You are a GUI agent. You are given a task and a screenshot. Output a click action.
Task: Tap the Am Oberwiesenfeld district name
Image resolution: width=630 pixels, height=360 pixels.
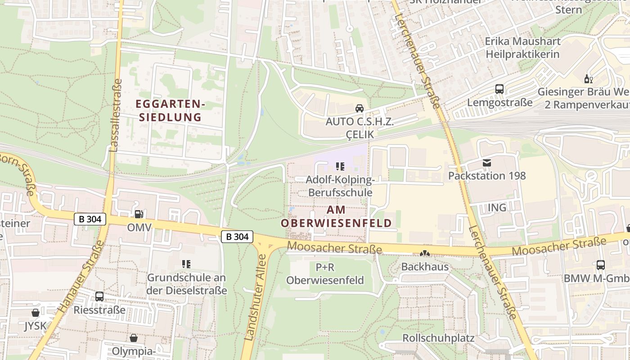[336, 216]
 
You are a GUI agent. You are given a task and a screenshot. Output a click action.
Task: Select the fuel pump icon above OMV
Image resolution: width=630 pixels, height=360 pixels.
[139, 215]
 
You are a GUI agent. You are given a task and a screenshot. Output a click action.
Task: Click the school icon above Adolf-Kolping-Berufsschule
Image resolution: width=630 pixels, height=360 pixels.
[340, 166]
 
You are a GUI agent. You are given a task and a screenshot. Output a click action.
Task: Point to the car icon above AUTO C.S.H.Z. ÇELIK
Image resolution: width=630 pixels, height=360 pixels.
[359, 108]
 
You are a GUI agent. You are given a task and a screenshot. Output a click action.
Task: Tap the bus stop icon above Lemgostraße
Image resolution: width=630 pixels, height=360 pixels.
[499, 89]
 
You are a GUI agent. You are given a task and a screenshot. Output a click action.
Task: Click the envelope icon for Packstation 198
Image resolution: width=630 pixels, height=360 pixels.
[486, 162]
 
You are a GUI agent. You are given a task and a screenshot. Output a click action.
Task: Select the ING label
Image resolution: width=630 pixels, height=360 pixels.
[497, 207]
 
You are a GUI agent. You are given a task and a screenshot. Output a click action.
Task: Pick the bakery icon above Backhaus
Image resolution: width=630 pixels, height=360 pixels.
[425, 253]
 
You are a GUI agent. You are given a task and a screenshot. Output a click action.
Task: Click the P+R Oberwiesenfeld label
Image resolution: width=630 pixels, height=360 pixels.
[325, 274]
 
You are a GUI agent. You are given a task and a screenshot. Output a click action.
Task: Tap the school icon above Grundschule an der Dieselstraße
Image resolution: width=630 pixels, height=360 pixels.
[186, 264]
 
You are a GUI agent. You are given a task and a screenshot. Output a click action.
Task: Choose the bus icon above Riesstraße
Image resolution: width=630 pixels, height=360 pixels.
[99, 297]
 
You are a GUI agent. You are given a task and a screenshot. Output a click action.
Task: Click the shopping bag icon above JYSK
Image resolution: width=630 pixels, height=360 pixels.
[36, 312]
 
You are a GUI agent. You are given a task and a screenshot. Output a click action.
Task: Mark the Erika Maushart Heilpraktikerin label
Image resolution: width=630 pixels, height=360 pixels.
[522, 48]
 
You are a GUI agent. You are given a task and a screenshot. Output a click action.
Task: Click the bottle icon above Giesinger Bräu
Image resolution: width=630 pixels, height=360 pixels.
[588, 79]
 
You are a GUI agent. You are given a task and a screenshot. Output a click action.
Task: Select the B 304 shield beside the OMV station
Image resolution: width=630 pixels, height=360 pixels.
[90, 219]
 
